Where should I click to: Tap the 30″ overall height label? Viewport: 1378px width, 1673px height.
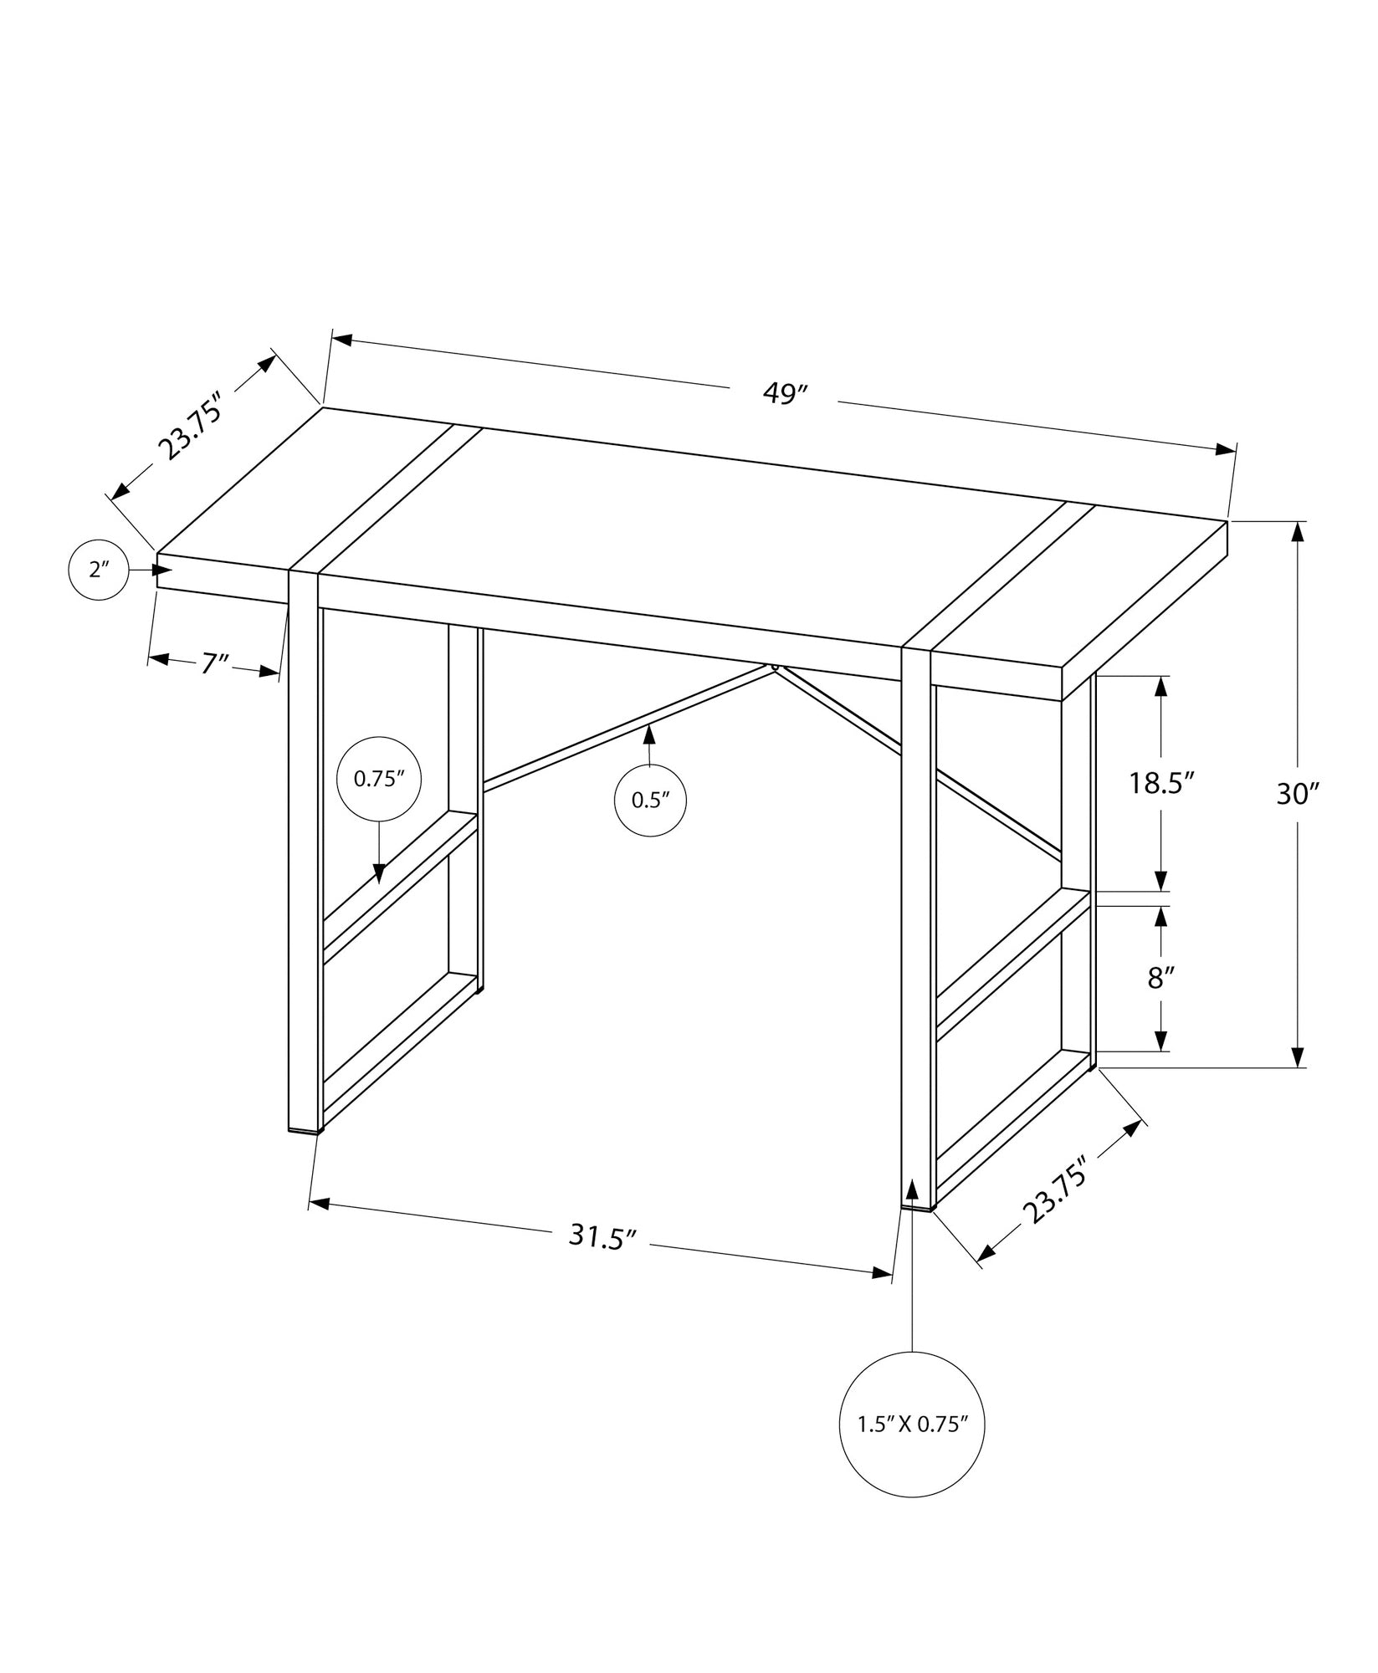click(x=1297, y=794)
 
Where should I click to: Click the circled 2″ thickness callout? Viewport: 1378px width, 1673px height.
click(x=99, y=570)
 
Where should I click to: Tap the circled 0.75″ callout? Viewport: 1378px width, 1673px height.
click(x=378, y=778)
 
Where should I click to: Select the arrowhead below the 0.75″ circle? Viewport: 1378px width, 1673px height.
click(x=379, y=873)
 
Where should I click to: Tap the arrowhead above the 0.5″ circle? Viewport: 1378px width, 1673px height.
click(x=648, y=734)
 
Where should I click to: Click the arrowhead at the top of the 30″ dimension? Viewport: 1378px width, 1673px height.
click(x=1298, y=531)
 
